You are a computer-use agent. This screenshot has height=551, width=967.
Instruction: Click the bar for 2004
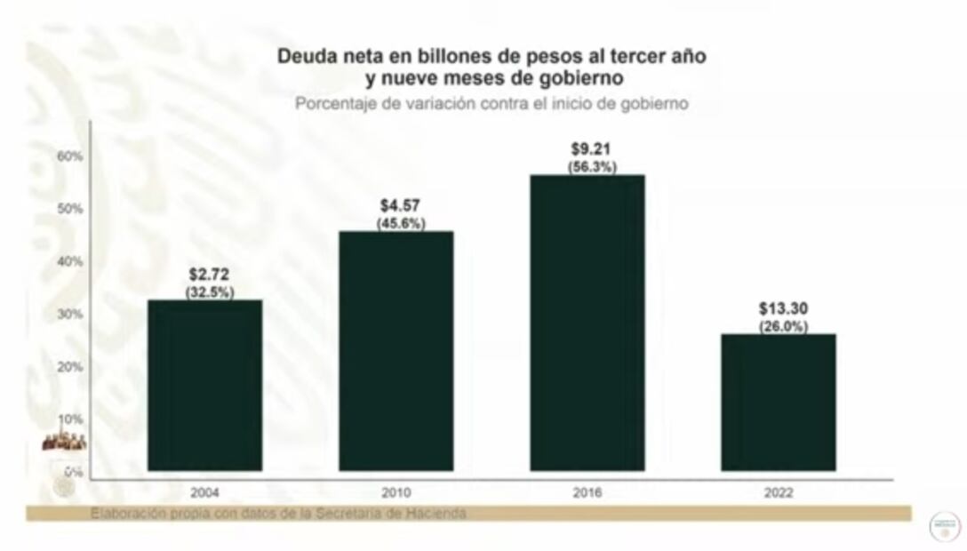[204, 385]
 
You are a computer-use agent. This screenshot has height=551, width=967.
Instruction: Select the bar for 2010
[396, 351]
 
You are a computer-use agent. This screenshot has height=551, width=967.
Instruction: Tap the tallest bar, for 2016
[587, 323]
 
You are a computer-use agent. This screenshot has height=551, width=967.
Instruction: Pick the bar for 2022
[778, 402]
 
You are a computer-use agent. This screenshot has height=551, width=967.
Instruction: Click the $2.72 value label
[209, 275]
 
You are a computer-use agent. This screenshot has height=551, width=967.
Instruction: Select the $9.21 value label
[591, 149]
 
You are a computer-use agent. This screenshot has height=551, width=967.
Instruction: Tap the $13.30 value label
[783, 309]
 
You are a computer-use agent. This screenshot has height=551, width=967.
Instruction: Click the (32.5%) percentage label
[210, 292]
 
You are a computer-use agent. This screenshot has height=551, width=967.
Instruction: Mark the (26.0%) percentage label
[783, 326]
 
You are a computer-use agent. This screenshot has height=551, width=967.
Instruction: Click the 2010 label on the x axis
[396, 492]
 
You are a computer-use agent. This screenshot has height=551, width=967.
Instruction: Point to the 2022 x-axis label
[778, 492]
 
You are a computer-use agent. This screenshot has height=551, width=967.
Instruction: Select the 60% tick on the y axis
[69, 156]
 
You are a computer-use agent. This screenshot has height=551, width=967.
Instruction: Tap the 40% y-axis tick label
[69, 261]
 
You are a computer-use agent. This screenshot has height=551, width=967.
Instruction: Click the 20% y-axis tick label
[69, 366]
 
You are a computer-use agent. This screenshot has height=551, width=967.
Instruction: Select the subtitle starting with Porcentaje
[492, 103]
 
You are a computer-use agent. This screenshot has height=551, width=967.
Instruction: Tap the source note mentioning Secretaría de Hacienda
[277, 514]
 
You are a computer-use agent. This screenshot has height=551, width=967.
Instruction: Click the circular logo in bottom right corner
[944, 525]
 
